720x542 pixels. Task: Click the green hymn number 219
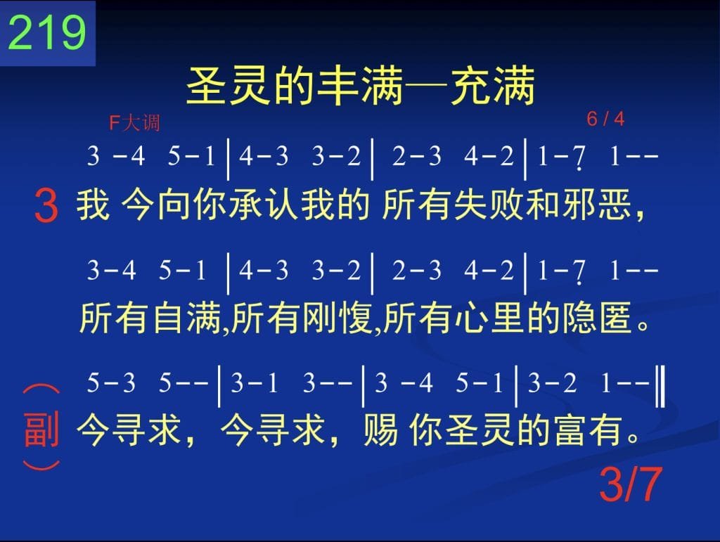coord(47,32)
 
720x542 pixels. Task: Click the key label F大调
coord(134,122)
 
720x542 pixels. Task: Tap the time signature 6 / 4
coord(605,119)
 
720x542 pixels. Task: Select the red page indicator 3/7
coord(631,484)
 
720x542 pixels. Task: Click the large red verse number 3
coord(46,207)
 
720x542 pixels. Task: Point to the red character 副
coord(41,430)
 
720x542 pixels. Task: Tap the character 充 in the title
coord(470,86)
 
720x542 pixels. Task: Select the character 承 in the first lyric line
coord(247,205)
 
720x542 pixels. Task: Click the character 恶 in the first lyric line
coord(615,205)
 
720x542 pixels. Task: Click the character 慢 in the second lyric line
coord(355,318)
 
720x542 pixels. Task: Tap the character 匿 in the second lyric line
coord(615,318)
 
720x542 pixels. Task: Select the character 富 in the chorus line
coord(571,430)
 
